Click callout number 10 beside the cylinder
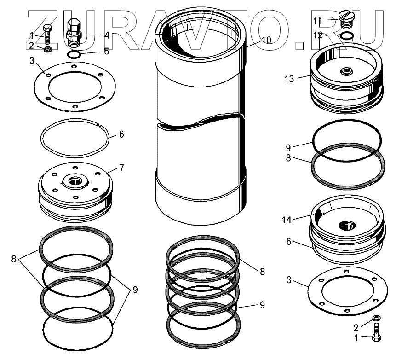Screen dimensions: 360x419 click(266, 40)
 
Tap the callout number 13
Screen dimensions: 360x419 click(289, 79)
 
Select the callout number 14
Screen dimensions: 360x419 click(287, 220)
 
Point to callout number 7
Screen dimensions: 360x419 click(121, 168)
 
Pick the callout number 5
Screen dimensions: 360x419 click(106, 51)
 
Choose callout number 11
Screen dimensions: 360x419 click(318, 21)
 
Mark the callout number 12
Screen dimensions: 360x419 click(318, 35)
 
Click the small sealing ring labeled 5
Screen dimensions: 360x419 click(75, 55)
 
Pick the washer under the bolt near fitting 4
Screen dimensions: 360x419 click(46, 48)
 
